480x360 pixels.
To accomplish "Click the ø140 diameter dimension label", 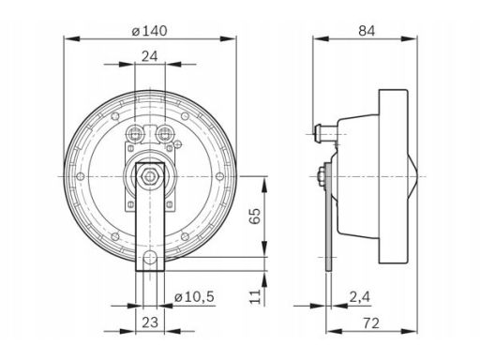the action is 149,31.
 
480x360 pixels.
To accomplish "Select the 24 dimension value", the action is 150,57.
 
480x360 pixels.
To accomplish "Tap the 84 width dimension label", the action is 367,31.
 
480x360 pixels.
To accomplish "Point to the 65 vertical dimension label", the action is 255,216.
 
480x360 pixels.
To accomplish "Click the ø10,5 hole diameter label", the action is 194,296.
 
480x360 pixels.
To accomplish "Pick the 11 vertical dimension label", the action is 255,296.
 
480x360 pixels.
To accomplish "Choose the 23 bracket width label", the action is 150,322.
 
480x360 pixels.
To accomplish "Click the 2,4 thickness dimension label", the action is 359,296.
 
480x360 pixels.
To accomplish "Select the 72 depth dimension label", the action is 371,322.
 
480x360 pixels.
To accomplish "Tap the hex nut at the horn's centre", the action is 150,176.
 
